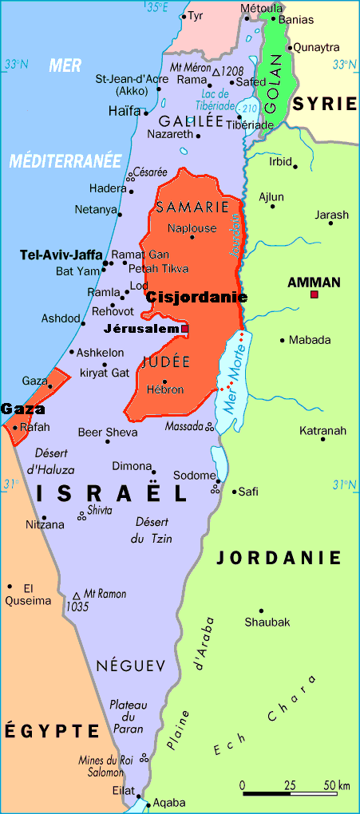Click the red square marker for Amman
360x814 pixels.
click(315, 295)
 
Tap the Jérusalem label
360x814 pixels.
click(141, 329)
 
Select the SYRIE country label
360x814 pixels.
click(322, 104)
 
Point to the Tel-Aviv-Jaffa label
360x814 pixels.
click(60, 255)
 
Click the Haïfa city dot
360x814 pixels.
click(146, 113)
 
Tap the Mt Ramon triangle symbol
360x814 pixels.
click(77, 595)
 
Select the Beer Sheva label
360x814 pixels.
click(102, 433)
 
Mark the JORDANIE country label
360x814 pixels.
click(279, 558)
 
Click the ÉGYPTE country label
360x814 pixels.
click(52, 730)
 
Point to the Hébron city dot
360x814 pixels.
click(164, 381)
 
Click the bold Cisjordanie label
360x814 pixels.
click(196, 298)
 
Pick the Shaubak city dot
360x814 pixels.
click(261, 610)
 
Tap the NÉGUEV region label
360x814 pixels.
click(130, 665)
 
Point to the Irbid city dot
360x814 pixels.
click(295, 167)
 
